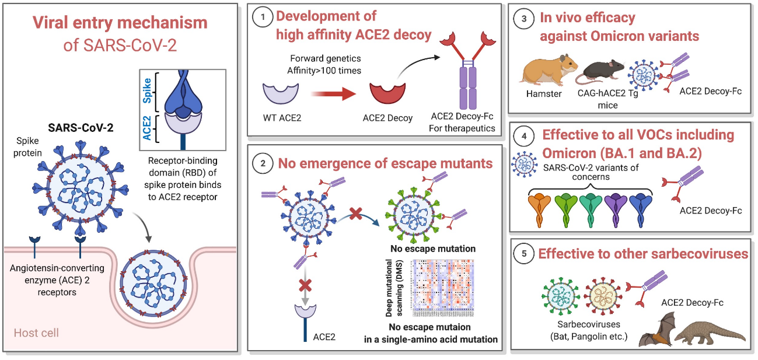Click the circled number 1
pos(261,18)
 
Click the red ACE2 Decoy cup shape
pos(387,93)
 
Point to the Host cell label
pos(37,333)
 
